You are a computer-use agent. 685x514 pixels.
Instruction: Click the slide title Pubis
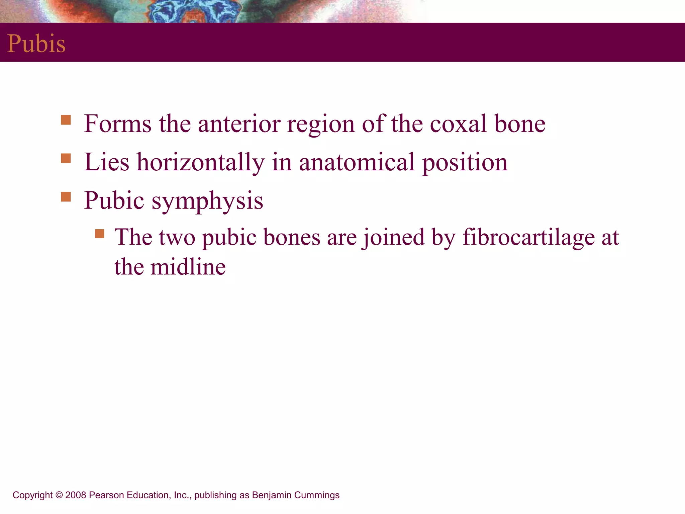pos(36,44)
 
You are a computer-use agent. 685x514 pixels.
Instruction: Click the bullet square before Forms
pos(66,120)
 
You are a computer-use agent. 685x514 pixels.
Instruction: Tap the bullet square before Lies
pos(66,158)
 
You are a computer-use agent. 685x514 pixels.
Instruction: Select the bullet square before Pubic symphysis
pos(66,197)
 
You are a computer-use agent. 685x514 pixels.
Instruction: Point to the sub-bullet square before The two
pos(100,233)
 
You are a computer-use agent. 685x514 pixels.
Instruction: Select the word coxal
pos(458,124)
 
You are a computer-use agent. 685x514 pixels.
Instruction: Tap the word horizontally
pos(201,162)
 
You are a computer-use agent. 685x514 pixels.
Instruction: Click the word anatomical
pos(357,162)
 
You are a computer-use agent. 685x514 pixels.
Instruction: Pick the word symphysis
pos(207,201)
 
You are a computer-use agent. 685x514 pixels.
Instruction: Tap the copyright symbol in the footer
pos(59,495)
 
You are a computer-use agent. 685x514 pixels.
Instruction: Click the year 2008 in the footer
pos(76,495)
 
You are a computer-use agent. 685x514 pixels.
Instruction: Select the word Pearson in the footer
pos(106,495)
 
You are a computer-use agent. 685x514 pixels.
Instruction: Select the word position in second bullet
pos(465,162)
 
